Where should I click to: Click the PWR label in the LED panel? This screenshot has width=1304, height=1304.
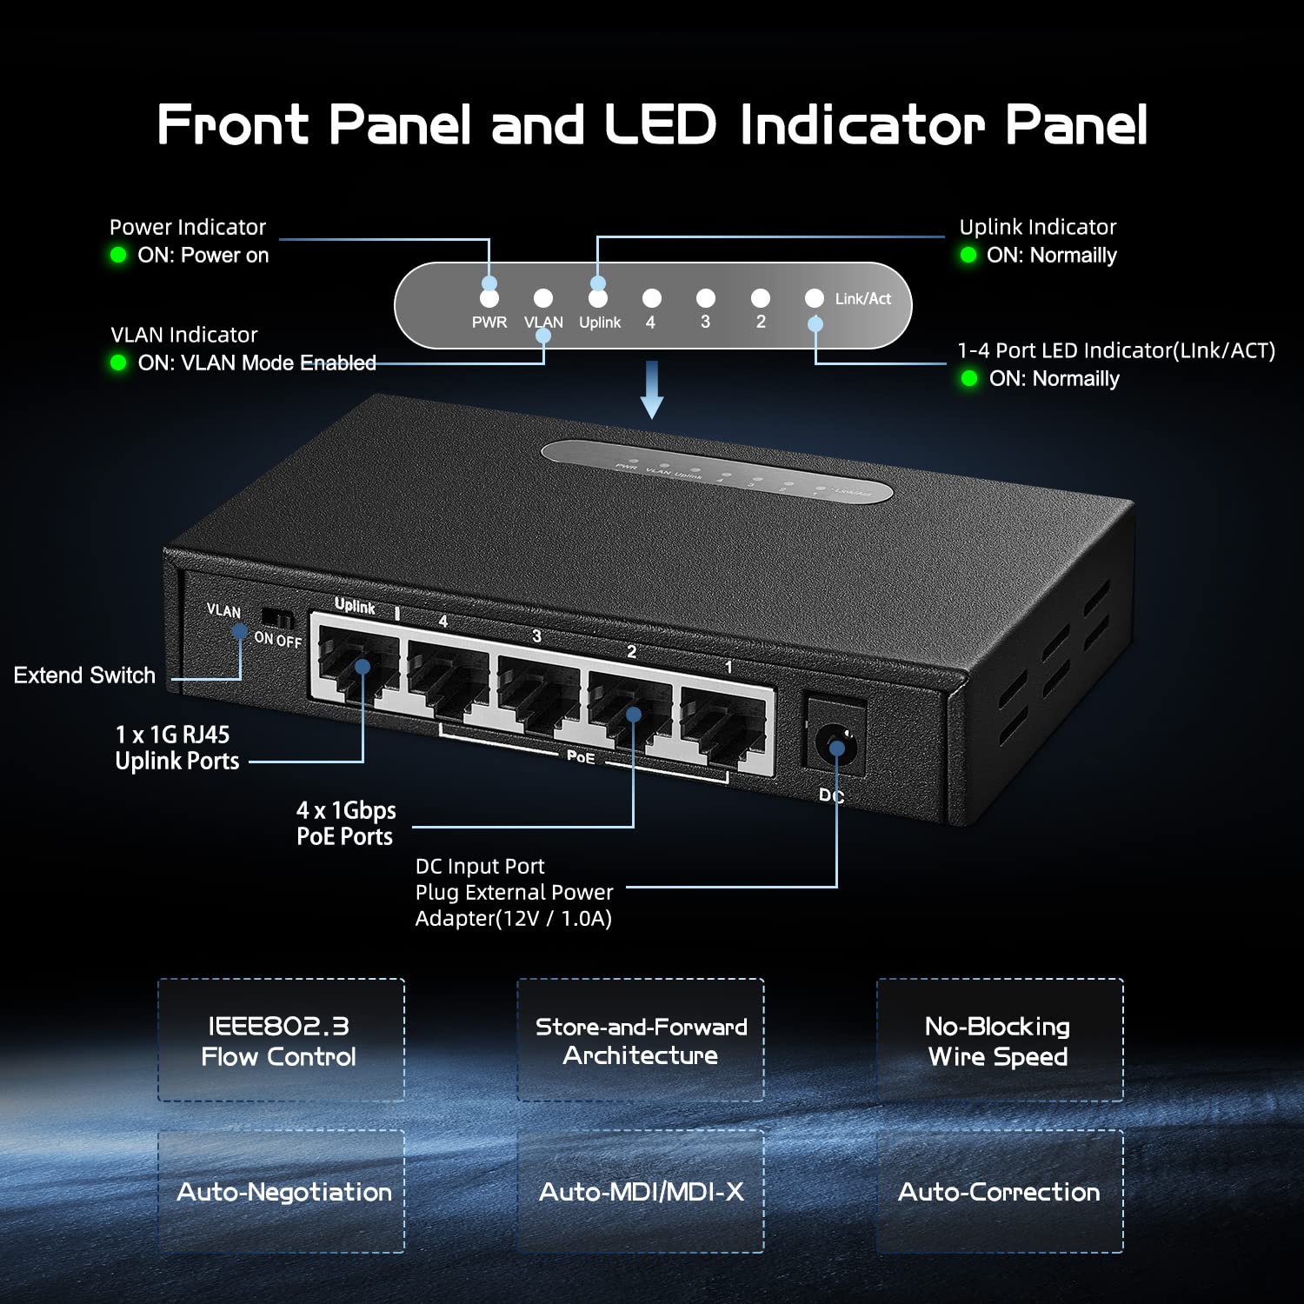pos(489,323)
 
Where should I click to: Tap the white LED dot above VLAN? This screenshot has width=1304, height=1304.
pos(543,298)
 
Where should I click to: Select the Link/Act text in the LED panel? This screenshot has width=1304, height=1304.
pos(862,299)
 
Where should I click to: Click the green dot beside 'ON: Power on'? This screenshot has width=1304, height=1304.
pos(118,255)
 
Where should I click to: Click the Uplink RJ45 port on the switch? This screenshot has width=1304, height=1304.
pos(357,665)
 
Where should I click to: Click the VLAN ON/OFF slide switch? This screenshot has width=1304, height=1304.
pos(278,620)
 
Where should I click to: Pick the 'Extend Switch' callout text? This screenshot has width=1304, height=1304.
pos(84,675)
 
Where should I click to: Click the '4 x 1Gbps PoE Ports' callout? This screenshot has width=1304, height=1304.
pos(346,823)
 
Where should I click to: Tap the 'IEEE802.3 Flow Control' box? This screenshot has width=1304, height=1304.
pos(281,1041)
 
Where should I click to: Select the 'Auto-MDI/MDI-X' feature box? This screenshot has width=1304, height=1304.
pos(641,1191)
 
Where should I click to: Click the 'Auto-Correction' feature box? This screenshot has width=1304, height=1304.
pos(1000,1191)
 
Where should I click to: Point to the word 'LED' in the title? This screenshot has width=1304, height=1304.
pos(661,124)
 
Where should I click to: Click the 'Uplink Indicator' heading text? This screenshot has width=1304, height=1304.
pos(1037,227)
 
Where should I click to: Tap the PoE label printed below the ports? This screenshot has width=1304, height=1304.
pos(581,757)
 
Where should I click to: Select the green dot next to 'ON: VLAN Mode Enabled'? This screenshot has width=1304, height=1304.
pos(119,363)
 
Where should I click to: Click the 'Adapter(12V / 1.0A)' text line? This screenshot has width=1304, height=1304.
pos(513,919)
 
